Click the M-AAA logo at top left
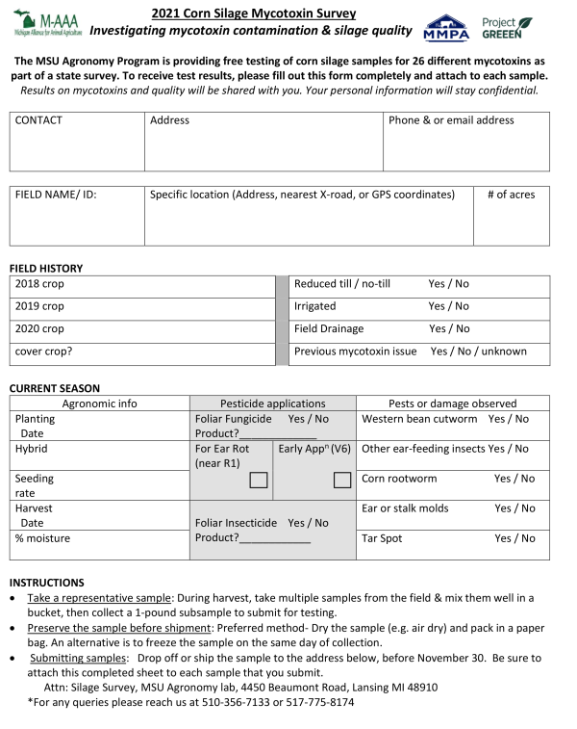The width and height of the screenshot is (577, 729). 46,23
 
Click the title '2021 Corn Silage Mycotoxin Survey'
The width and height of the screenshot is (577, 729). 253,13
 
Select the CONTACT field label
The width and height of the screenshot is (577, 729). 38,120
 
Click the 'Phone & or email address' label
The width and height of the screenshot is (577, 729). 451,120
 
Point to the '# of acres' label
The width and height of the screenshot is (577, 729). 511,195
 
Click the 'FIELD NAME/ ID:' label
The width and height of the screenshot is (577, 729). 56,195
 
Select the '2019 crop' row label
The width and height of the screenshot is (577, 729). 39,306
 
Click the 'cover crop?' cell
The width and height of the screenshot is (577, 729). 43,351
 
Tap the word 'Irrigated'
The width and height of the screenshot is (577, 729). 314,306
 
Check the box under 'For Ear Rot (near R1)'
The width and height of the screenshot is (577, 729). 259,480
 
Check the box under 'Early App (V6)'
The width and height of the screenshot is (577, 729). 341,480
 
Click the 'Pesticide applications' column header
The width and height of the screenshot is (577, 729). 273,404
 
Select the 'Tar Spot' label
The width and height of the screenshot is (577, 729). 382,538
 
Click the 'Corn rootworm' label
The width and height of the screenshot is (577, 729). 399,479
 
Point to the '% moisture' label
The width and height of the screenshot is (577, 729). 42,538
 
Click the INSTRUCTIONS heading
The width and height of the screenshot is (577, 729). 46,583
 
